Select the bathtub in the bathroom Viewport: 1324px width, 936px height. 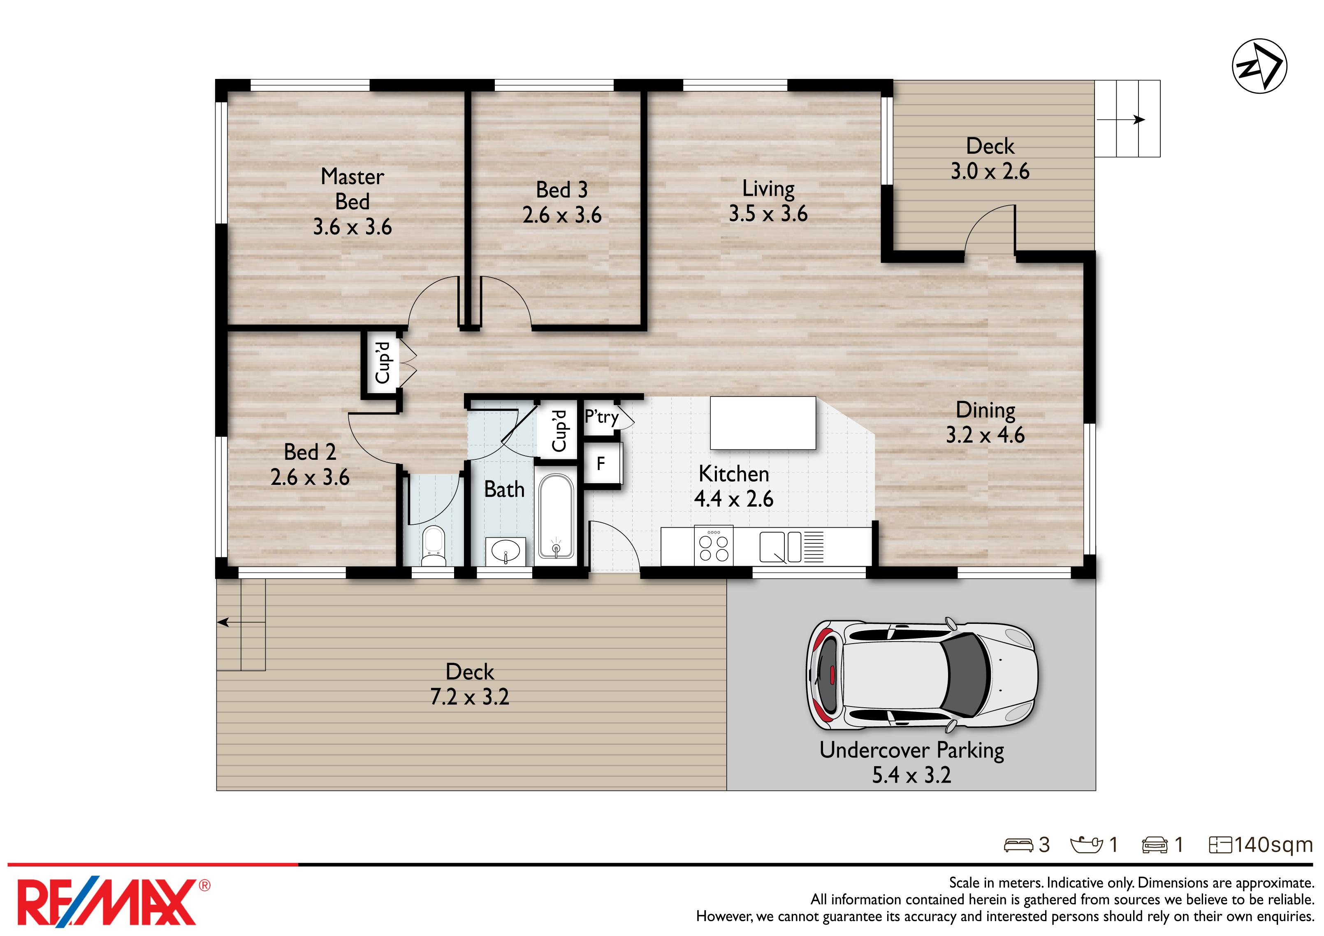point(556,516)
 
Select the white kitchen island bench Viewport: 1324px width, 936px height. point(763,423)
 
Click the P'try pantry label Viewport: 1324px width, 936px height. point(601,416)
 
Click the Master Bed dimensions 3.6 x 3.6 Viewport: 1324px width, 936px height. point(352,227)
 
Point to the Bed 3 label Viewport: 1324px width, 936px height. point(562,190)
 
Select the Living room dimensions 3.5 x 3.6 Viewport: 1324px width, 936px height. point(768,214)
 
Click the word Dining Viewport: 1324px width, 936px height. point(985,410)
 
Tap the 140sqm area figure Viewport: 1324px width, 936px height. point(1273,844)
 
